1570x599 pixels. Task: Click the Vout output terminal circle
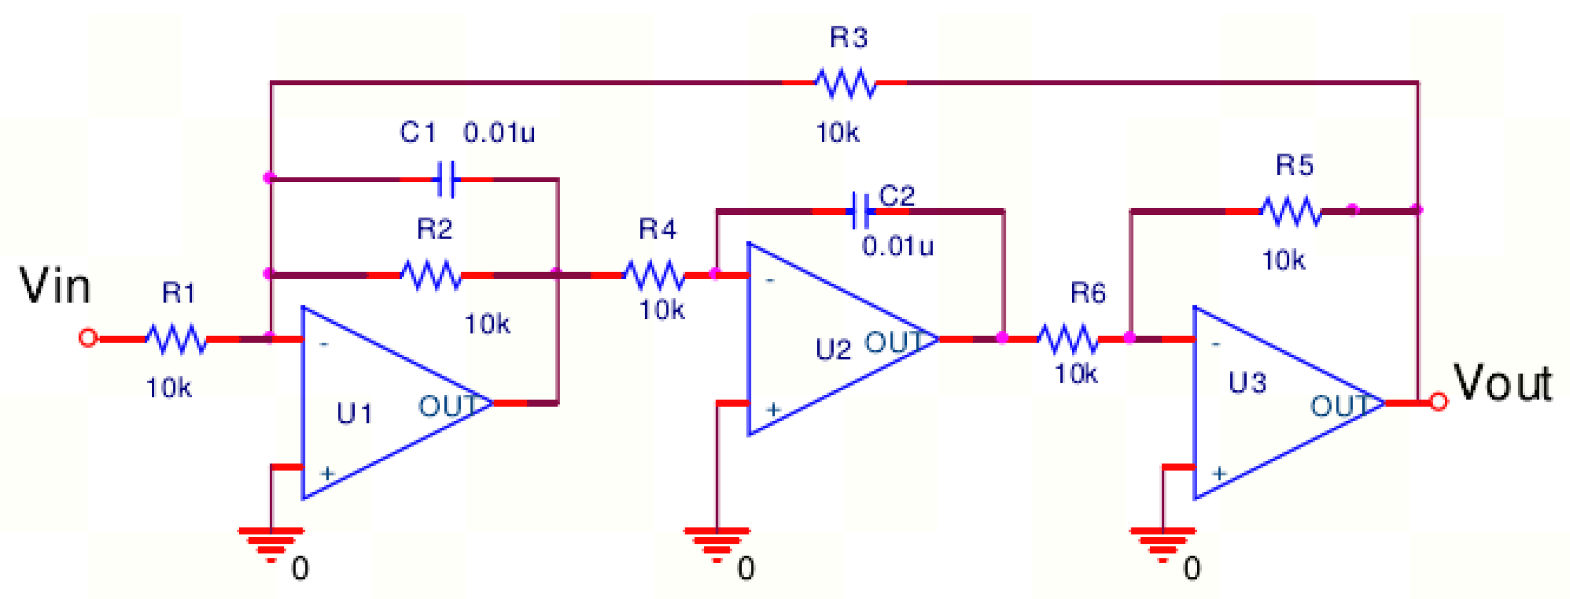tap(1439, 402)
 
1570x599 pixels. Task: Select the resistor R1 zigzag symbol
tap(176, 339)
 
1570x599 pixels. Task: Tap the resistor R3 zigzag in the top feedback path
tap(846, 83)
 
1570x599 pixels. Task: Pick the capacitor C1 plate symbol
tap(446, 179)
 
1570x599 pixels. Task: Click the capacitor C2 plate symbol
tap(860, 212)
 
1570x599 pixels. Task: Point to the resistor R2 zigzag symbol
tap(431, 275)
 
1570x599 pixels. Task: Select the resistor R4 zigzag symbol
tap(654, 275)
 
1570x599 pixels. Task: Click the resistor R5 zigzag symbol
tap(1291, 211)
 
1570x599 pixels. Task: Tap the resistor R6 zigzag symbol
tap(1068, 339)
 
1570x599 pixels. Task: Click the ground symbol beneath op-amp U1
tap(271, 545)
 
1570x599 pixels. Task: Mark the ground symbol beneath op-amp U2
tap(717, 545)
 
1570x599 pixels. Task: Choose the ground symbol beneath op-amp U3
tap(1162, 545)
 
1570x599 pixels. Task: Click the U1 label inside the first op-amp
tap(354, 413)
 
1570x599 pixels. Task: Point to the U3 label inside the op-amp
tap(1247, 383)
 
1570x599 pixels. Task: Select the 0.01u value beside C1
tap(499, 132)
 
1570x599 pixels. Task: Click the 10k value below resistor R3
tap(838, 132)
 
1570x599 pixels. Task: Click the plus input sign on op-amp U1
tap(327, 472)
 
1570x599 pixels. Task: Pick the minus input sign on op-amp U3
tap(1216, 345)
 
